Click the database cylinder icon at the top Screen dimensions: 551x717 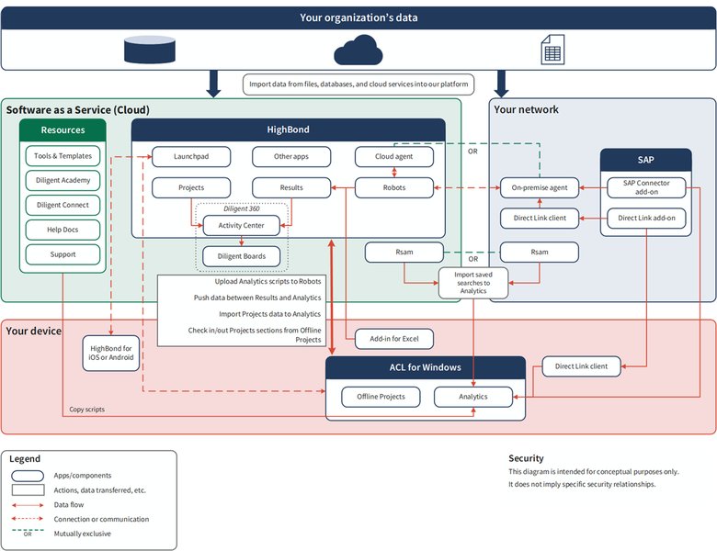click(x=149, y=50)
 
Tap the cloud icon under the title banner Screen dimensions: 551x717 click(x=358, y=50)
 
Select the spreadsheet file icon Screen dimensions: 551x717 click(x=552, y=50)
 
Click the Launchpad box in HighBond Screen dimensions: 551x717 click(x=191, y=157)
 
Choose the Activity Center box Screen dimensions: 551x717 click(x=242, y=225)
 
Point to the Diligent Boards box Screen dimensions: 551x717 click(x=242, y=256)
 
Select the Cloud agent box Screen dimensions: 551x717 click(x=393, y=157)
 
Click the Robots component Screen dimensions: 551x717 click(x=393, y=188)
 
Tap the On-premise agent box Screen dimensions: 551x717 click(x=540, y=188)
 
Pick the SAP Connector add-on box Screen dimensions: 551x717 click(x=646, y=187)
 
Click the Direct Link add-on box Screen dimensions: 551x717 click(x=646, y=219)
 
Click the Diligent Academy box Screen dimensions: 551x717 click(x=63, y=180)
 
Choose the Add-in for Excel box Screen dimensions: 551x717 click(x=393, y=339)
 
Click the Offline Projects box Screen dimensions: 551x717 click(x=381, y=397)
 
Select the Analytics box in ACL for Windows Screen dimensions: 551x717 click(x=473, y=397)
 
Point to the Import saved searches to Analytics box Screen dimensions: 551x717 click(x=473, y=282)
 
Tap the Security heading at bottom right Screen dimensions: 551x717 click(x=526, y=458)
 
